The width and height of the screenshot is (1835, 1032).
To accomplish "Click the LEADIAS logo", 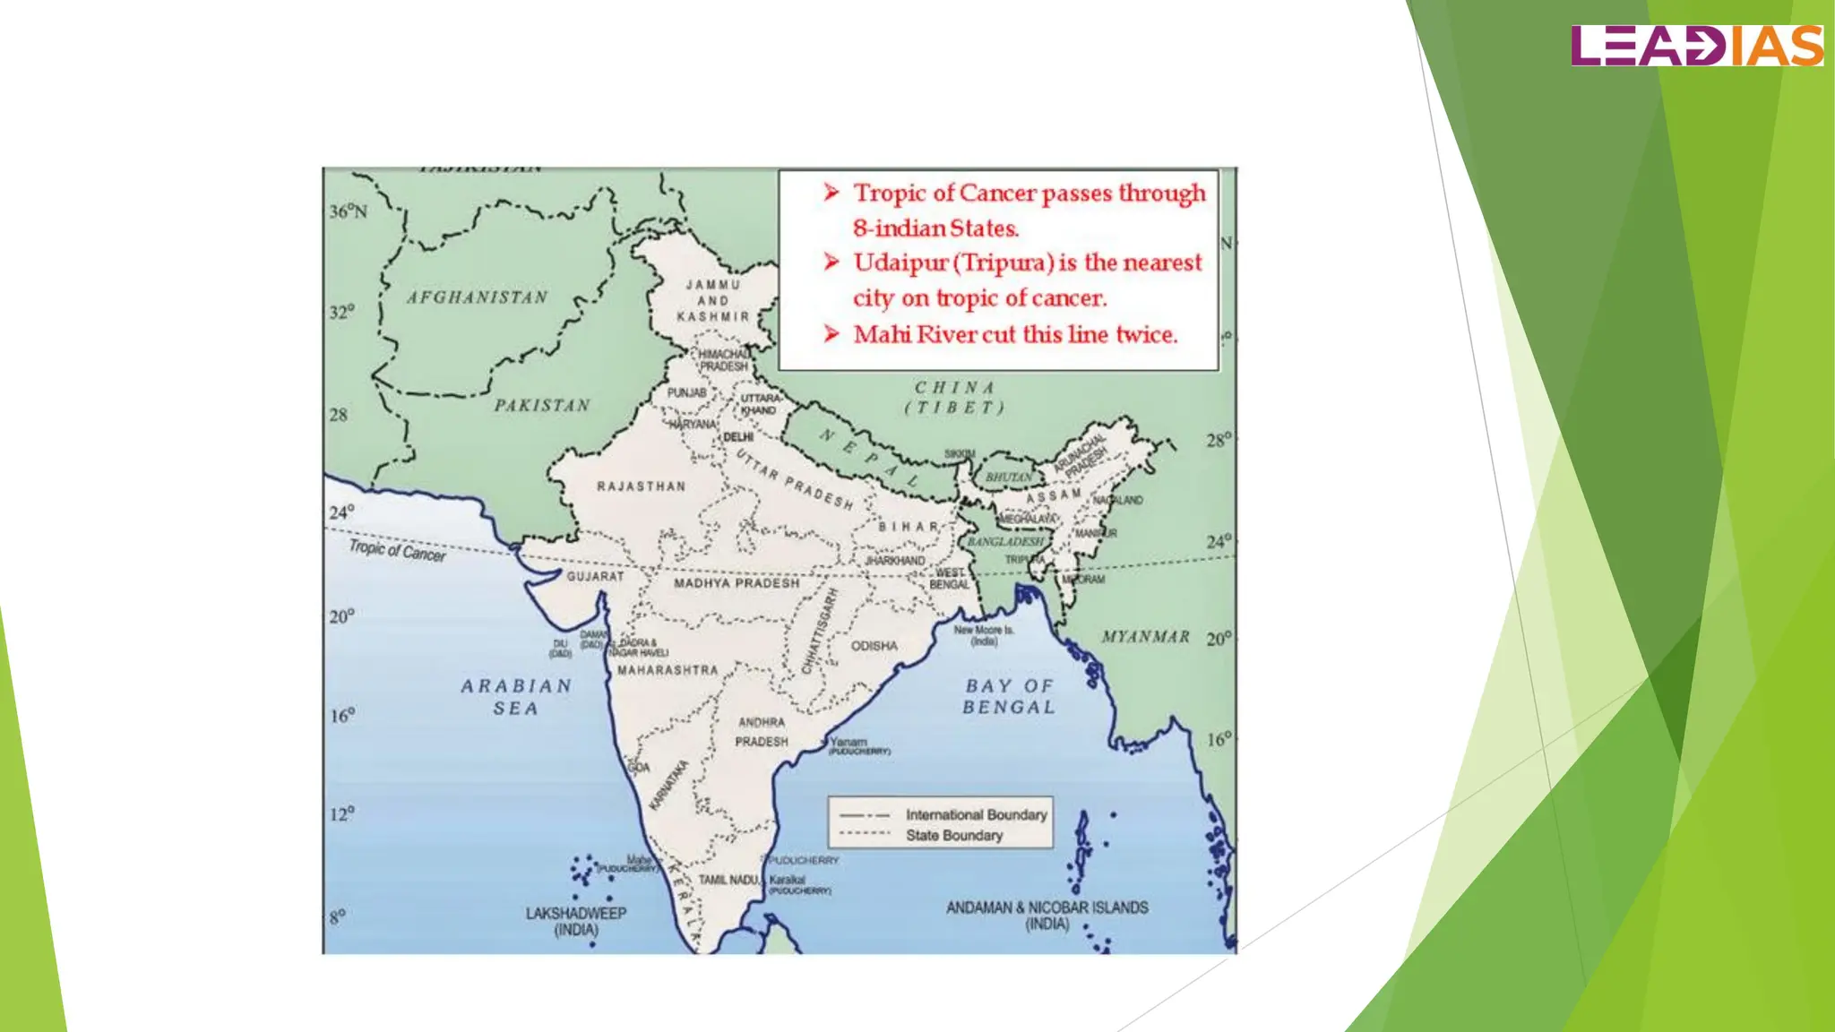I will click(1696, 46).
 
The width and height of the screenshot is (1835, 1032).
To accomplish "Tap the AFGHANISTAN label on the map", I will click(477, 297).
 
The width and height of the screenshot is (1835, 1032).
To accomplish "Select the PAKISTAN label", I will click(542, 406).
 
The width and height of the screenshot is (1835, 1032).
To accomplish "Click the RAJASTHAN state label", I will click(641, 486).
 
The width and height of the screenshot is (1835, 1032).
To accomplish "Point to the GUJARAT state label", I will click(595, 576).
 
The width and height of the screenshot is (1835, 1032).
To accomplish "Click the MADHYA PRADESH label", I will click(737, 583).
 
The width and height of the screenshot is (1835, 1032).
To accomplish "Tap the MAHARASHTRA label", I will click(668, 670).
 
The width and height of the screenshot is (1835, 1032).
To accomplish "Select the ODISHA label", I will click(874, 646).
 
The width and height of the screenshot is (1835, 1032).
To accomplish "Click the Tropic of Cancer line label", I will click(397, 550).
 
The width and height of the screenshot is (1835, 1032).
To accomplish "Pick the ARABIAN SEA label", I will click(516, 697).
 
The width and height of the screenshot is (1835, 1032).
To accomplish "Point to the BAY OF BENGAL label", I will click(1010, 696).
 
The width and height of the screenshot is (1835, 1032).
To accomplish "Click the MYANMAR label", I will click(1146, 637).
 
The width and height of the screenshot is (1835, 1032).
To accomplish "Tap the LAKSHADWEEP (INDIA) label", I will click(576, 921).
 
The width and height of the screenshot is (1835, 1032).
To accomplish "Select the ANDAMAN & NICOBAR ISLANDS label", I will click(1047, 915).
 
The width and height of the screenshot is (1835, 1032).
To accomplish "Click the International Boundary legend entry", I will click(976, 814).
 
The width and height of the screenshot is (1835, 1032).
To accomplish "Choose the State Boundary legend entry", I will click(953, 835).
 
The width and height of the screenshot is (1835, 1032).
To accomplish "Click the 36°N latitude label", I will click(348, 211).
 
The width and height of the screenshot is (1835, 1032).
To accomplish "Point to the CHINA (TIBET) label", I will click(954, 398).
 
